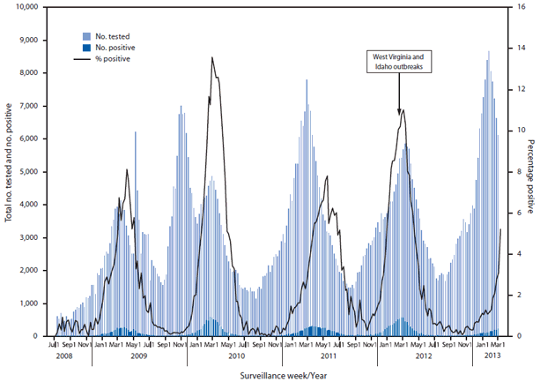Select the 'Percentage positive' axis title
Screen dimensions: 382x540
coord(530,172)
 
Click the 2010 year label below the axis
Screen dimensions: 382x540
coord(235,356)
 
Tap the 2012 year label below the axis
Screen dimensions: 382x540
coord(424,356)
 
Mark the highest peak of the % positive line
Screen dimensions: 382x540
coord(212,58)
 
